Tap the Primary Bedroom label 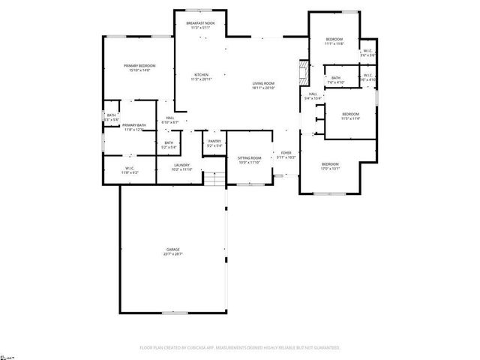(x=139, y=67)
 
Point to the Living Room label (x=263, y=85)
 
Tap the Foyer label (x=286, y=154)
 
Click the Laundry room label (x=182, y=167)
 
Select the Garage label (x=173, y=251)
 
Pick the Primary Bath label (x=133, y=127)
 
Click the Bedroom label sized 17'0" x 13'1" (x=331, y=166)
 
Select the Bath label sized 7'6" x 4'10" (x=336, y=79)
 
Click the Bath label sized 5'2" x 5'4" (x=169, y=145)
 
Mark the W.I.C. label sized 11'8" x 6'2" (x=129, y=170)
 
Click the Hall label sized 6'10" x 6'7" (x=170, y=119)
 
